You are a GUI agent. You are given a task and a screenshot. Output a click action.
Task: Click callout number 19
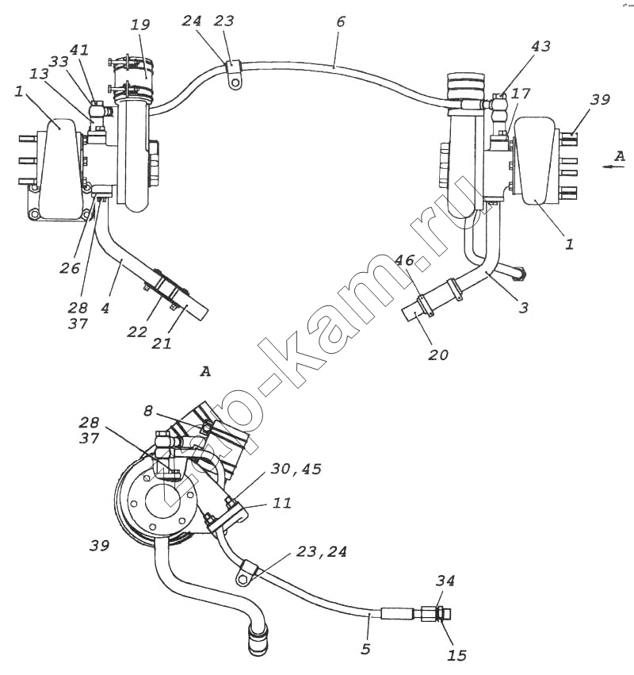(140, 25)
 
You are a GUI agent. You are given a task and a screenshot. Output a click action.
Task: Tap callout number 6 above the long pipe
(341, 21)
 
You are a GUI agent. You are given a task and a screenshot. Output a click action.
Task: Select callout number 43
(541, 46)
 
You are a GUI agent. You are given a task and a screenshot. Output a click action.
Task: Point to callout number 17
(521, 94)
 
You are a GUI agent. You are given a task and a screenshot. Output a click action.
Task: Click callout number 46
(405, 260)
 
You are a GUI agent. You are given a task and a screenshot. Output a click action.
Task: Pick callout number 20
(438, 355)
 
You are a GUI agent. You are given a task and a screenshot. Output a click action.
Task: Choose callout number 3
(524, 308)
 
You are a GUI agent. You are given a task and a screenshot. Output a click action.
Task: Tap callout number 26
(70, 268)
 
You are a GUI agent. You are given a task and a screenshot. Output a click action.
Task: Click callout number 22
(137, 332)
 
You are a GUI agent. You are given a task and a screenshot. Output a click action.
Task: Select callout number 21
(162, 343)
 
